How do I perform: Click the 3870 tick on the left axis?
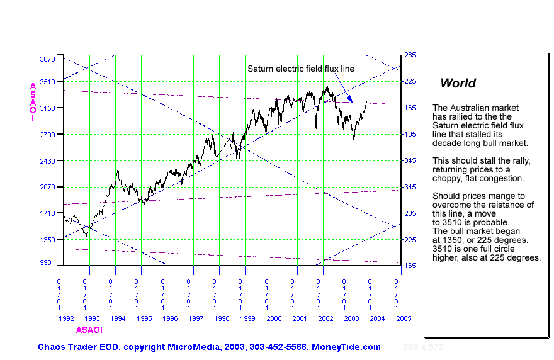pyautogui.click(x=47, y=59)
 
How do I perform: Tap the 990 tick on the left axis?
pyautogui.click(x=49, y=262)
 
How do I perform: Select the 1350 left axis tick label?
pyautogui.click(x=47, y=240)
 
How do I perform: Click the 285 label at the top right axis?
pyautogui.click(x=410, y=55)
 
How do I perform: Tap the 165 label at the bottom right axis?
pyautogui.click(x=410, y=266)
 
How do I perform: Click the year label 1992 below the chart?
pyautogui.click(x=66, y=319)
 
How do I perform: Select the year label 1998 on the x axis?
pyautogui.click(x=222, y=319)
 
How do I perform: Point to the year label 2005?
pyautogui.click(x=404, y=319)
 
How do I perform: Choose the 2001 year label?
pyautogui.click(x=300, y=319)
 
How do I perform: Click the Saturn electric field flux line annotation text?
pyautogui.click(x=301, y=69)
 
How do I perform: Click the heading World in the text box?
pyautogui.click(x=458, y=83)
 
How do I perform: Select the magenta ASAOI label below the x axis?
pyautogui.click(x=89, y=330)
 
